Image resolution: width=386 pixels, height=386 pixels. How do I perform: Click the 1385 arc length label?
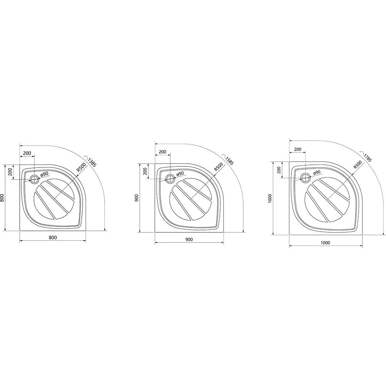pos(91,162)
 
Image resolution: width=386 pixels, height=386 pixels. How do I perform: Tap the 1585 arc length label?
pos(229,160)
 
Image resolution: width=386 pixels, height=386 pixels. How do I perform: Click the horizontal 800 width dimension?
pos(52,237)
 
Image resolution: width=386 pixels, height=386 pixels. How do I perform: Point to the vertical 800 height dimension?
pos(2,198)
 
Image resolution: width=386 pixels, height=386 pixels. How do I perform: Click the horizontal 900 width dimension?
pos(189,239)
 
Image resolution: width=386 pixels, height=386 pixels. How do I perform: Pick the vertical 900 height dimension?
pos(137,198)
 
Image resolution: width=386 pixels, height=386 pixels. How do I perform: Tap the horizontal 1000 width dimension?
pos(325,243)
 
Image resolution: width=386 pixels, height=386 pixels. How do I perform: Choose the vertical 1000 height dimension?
pos(270,198)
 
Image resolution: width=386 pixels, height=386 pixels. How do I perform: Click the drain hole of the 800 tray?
pos(34,179)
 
